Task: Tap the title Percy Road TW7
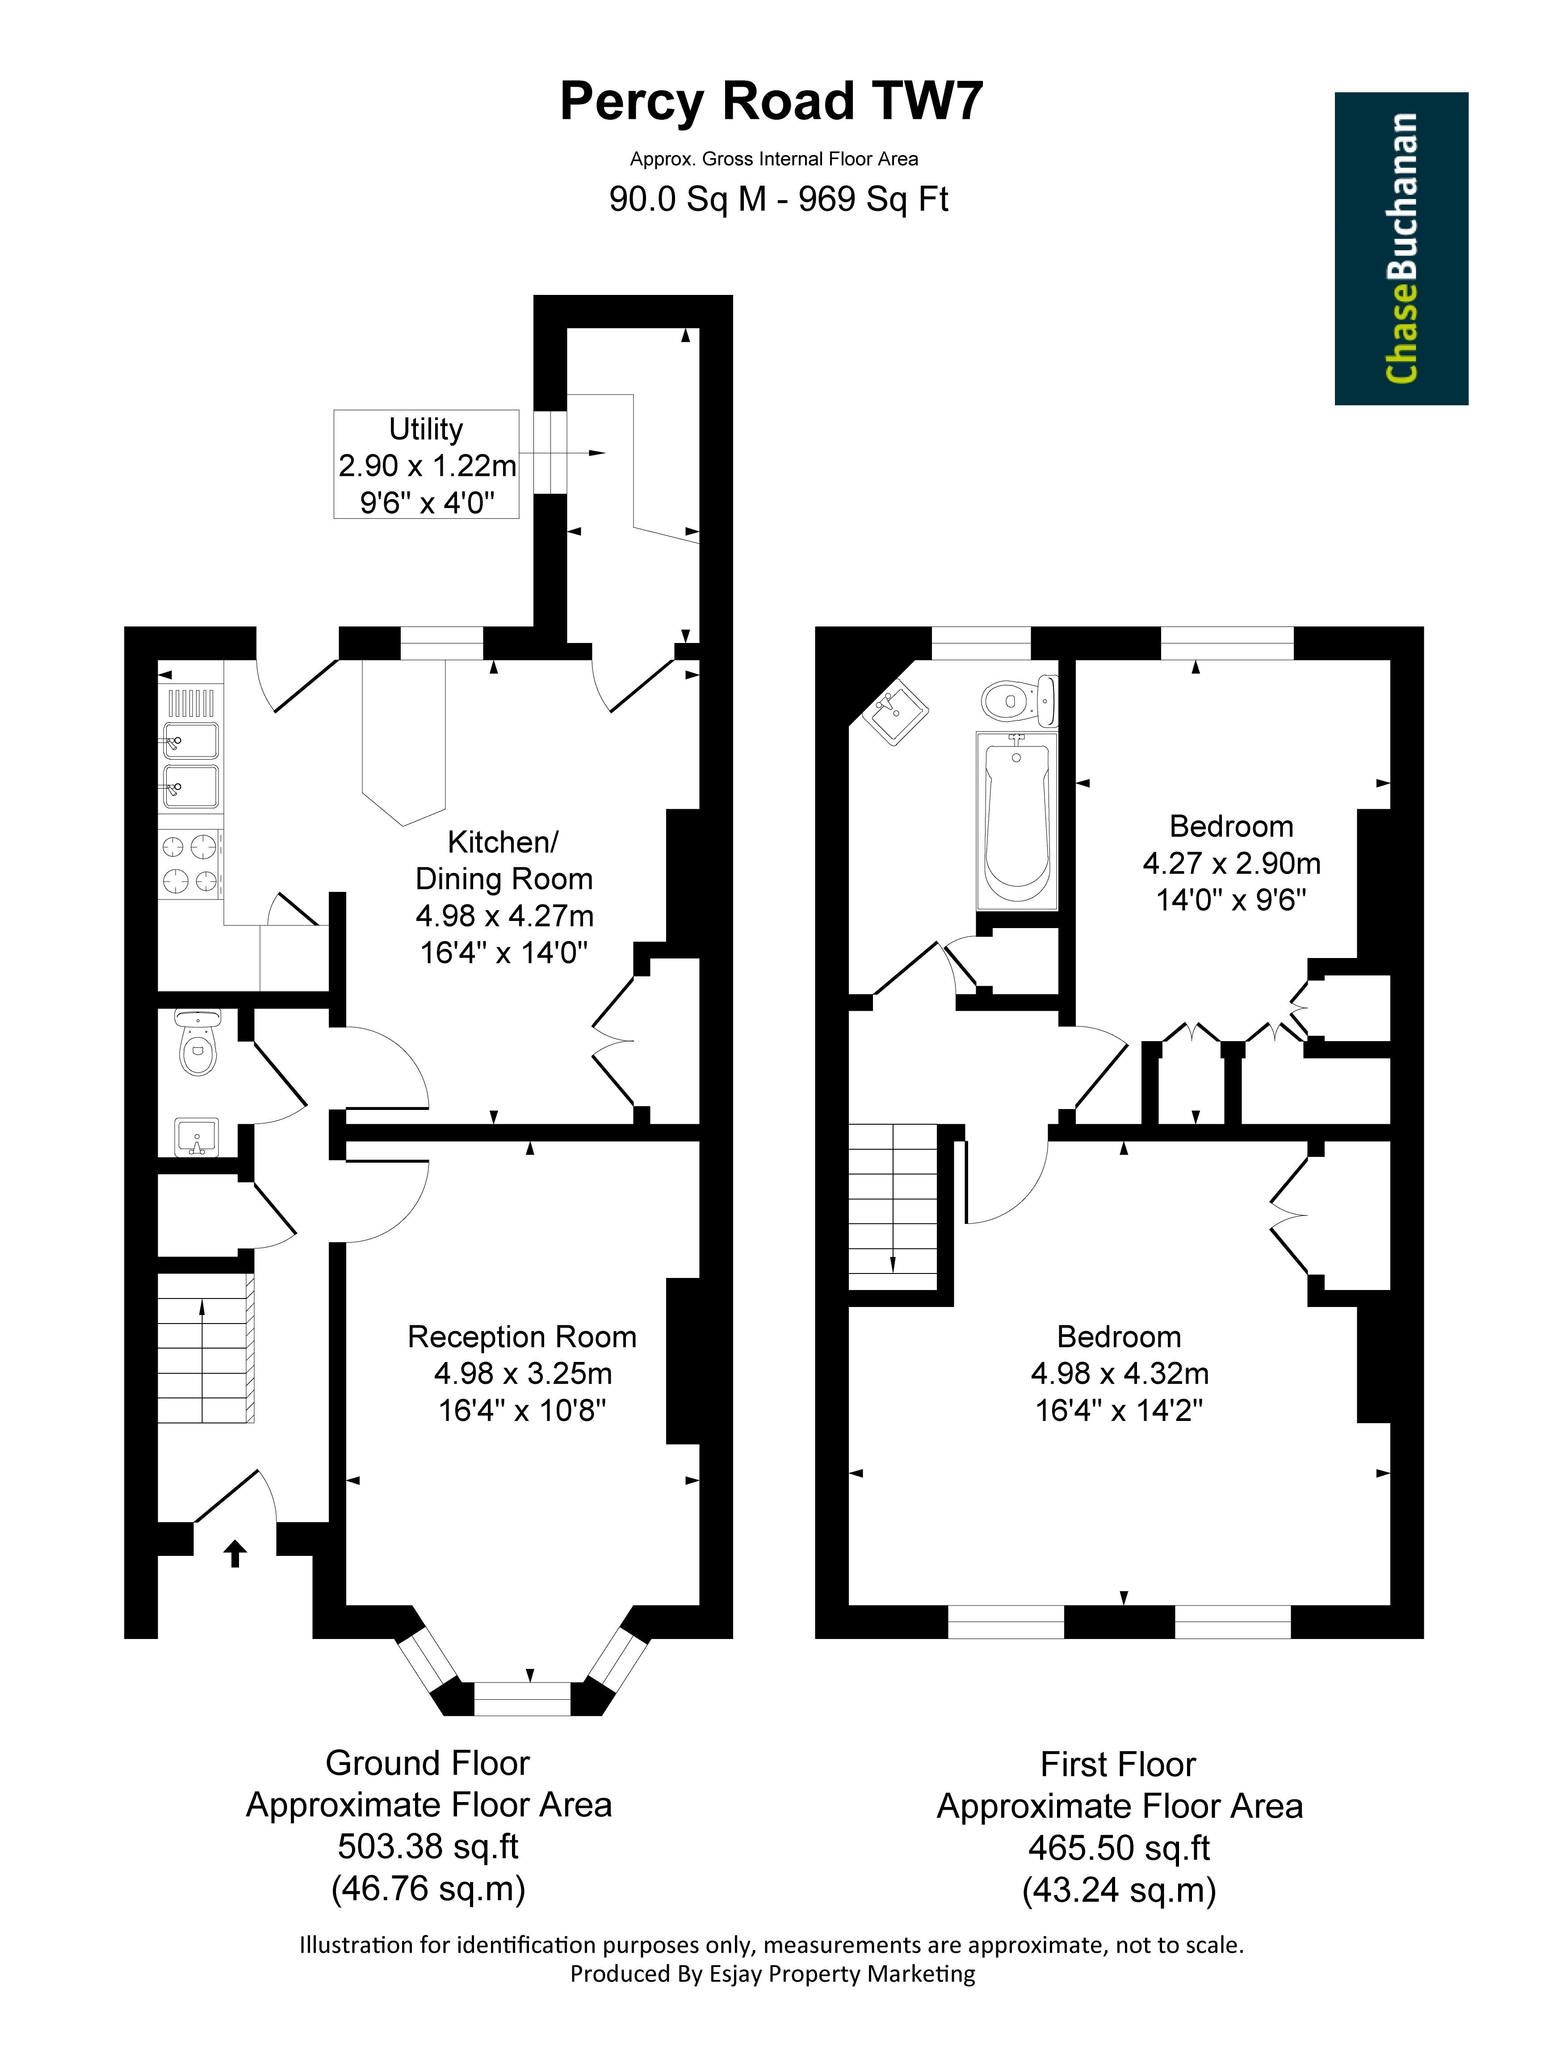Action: tap(771, 101)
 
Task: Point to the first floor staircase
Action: tap(893, 1206)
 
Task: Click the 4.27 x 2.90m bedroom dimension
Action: tap(1231, 863)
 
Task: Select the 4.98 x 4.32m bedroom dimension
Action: tap(1120, 1373)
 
